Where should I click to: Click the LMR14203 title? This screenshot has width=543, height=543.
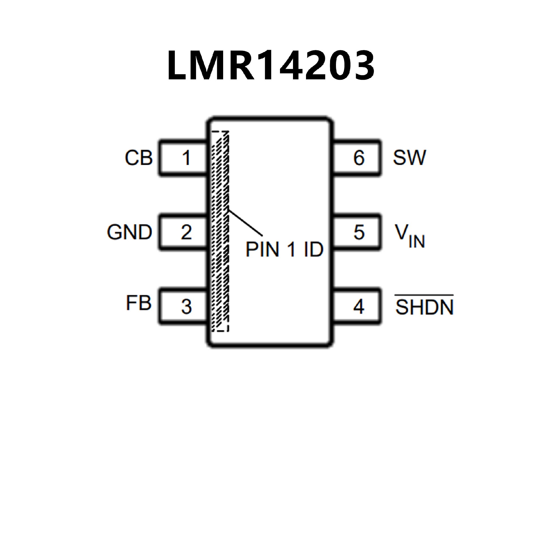(x=271, y=66)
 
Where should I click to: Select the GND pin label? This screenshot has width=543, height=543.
(x=130, y=232)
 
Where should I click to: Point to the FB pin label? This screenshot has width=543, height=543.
(x=139, y=303)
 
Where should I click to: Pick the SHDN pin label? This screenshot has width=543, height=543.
(x=424, y=307)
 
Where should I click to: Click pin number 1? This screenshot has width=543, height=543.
(x=186, y=158)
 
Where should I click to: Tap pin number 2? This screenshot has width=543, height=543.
(x=186, y=232)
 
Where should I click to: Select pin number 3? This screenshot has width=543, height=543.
(x=186, y=307)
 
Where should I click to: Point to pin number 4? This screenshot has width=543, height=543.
(x=359, y=307)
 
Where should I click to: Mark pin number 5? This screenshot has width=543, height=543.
(x=359, y=232)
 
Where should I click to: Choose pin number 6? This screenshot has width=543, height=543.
(x=359, y=158)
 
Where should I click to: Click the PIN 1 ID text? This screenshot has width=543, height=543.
(x=284, y=249)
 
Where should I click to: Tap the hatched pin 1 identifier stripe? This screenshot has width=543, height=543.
(x=220, y=232)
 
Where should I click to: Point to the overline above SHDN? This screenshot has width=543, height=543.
(x=424, y=296)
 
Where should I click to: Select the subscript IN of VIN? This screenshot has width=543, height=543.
(x=417, y=242)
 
